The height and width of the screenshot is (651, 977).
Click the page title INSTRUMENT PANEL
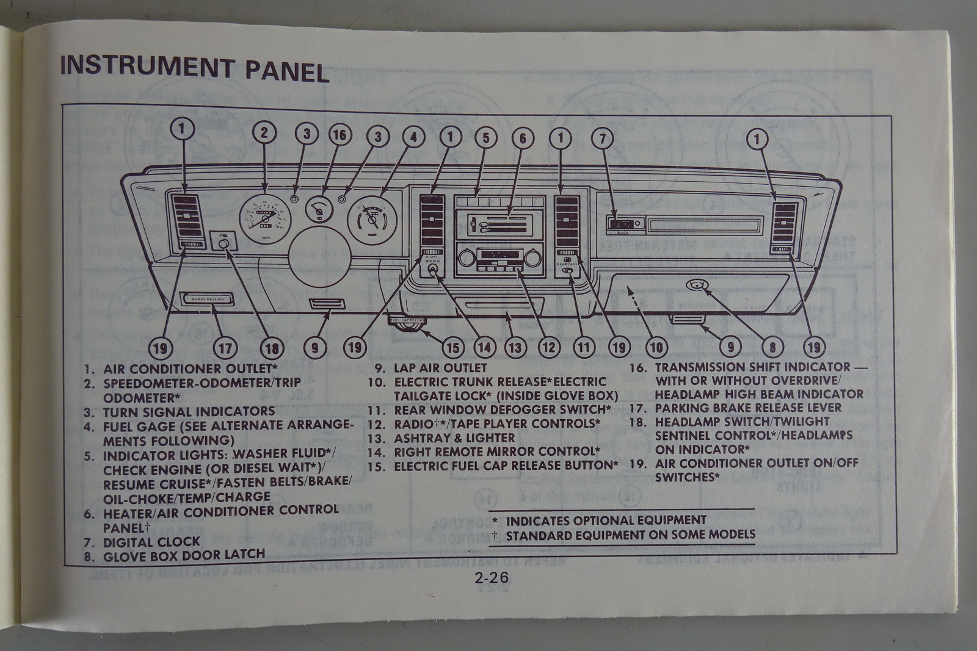tap(194, 68)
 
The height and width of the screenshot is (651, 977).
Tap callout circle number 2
tap(264, 133)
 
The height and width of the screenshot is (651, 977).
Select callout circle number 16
tap(340, 134)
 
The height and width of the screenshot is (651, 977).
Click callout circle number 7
tap(602, 138)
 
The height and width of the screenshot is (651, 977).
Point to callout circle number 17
tap(225, 348)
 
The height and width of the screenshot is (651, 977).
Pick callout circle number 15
tap(452, 348)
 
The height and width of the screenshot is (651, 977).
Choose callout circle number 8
tap(772, 347)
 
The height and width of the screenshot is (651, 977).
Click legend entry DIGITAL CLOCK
tap(151, 542)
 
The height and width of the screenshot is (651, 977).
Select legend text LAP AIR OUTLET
tap(440, 368)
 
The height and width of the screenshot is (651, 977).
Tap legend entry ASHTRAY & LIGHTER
tap(454, 437)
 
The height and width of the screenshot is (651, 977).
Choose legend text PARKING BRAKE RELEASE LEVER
tap(748, 408)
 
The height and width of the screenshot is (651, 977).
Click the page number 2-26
tap(492, 577)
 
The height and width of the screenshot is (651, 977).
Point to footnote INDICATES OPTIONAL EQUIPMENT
tap(606, 520)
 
